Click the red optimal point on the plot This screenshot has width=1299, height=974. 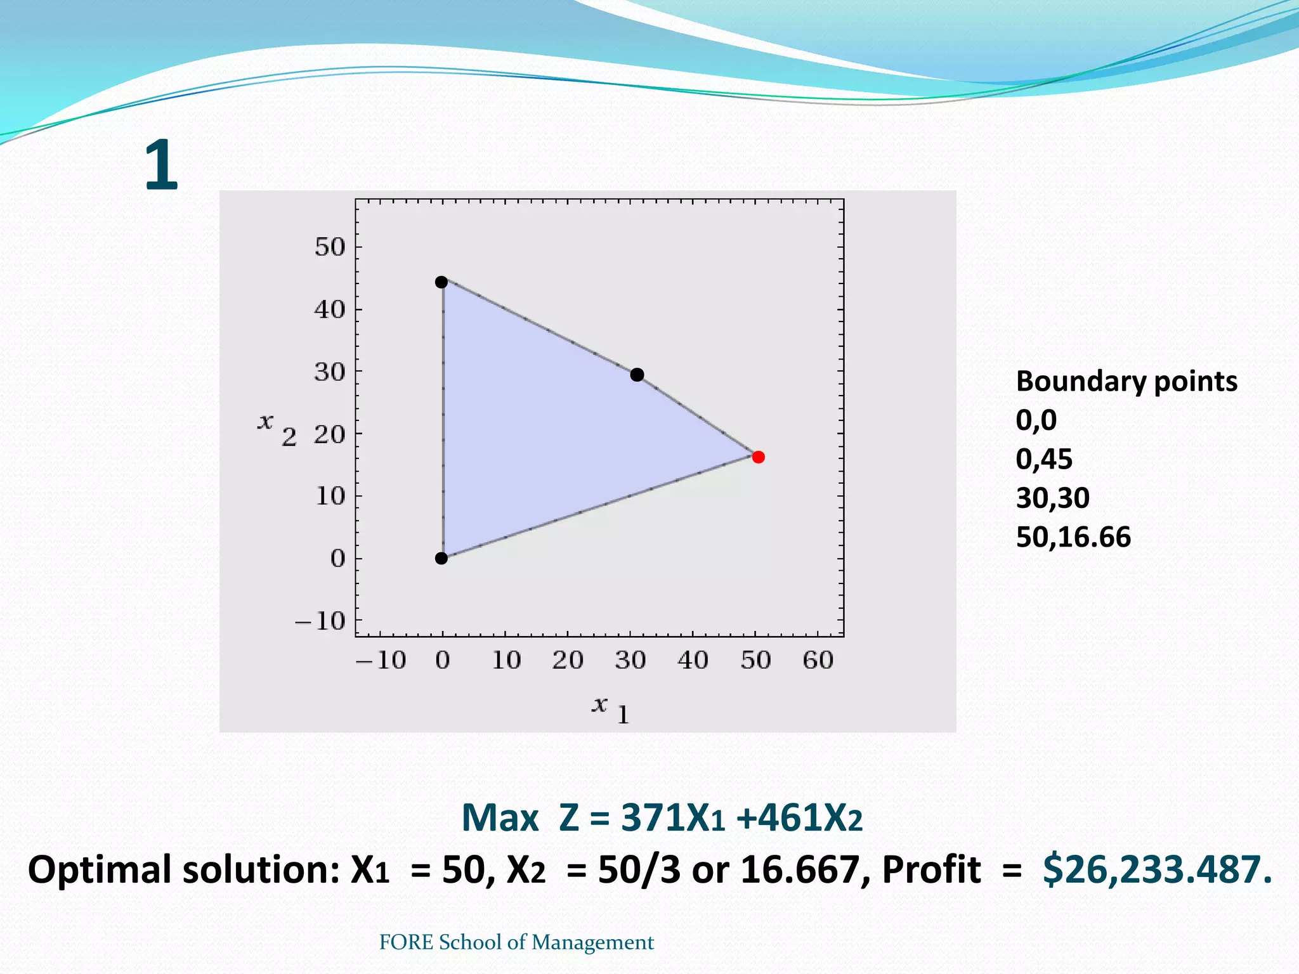[758, 457]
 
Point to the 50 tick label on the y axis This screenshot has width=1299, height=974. [330, 247]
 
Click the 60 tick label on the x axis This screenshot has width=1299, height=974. [818, 661]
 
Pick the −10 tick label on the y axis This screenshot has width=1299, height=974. [320, 621]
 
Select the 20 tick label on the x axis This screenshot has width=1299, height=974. [567, 661]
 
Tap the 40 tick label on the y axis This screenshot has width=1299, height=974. [330, 309]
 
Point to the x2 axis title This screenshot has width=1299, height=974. [277, 427]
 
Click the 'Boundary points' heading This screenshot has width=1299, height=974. [1126, 382]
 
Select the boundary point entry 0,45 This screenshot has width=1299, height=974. [1044, 459]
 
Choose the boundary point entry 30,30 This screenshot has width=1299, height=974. [1053, 498]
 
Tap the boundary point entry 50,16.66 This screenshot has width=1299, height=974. [1073, 537]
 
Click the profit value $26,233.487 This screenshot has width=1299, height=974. [1157, 869]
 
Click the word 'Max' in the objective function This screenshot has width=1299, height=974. [500, 818]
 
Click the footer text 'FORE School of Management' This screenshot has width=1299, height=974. [516, 942]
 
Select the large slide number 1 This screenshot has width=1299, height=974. [161, 166]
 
